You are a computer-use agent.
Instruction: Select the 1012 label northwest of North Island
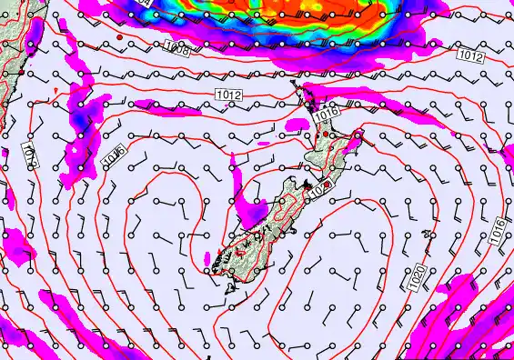pos(228,95)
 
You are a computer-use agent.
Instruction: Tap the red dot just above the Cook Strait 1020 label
pos(328,184)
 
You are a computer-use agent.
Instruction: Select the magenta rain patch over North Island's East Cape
pos(357,138)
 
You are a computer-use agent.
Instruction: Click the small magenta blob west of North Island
pos(233,164)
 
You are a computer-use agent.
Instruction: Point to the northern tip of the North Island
pos(294,85)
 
